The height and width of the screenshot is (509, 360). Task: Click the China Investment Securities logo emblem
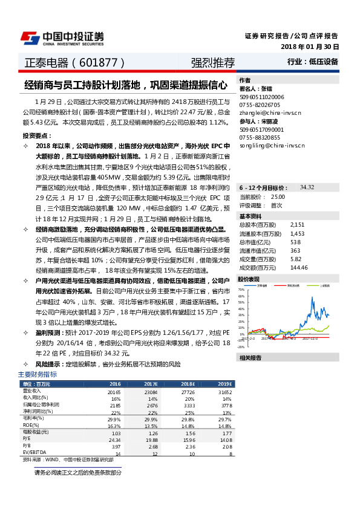(30, 37)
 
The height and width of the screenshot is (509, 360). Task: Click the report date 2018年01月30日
(310, 47)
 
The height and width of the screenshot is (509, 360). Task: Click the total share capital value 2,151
(296, 224)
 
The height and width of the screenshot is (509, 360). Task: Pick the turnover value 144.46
(299, 267)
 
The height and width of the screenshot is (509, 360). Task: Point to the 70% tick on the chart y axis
(241, 290)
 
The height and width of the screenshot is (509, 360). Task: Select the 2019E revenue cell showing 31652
(224, 392)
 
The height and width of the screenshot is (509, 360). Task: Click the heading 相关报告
(250, 357)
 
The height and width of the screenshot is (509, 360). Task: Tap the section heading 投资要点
(34, 135)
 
